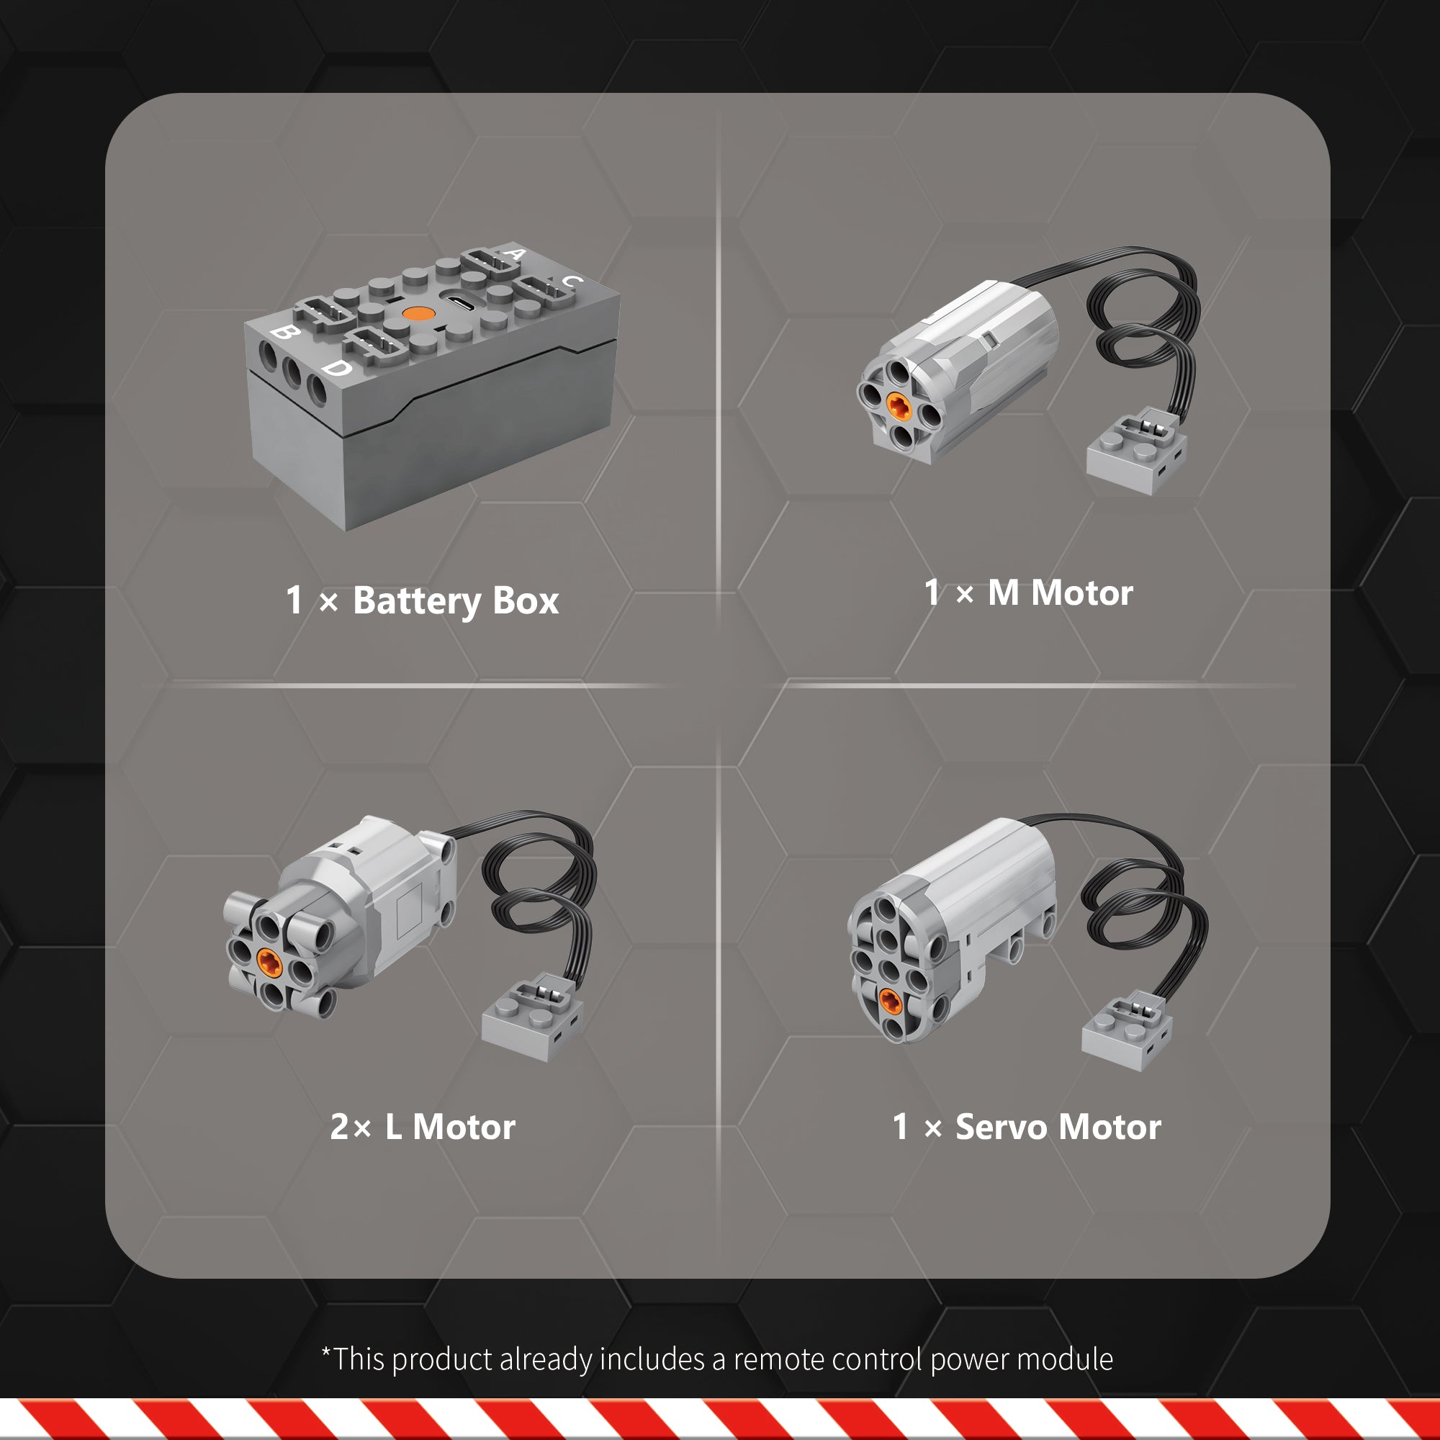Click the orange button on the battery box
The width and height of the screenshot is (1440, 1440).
pyautogui.click(x=418, y=313)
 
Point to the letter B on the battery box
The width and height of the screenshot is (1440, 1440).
pyautogui.click(x=282, y=332)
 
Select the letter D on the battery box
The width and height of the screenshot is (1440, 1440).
pyautogui.click(x=337, y=367)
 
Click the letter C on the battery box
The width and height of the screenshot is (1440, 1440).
pyautogui.click(x=572, y=281)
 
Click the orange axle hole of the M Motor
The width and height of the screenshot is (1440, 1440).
pyautogui.click(x=897, y=405)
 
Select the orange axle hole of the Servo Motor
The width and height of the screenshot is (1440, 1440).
pyautogui.click(x=890, y=1001)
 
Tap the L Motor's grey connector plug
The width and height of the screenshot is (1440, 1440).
pyautogui.click(x=532, y=1017)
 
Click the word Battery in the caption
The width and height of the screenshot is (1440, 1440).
pyautogui.click(x=418, y=600)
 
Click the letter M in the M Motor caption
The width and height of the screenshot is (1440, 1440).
pyautogui.click(x=1003, y=593)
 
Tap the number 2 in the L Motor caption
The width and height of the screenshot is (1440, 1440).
pyautogui.click(x=339, y=1126)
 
